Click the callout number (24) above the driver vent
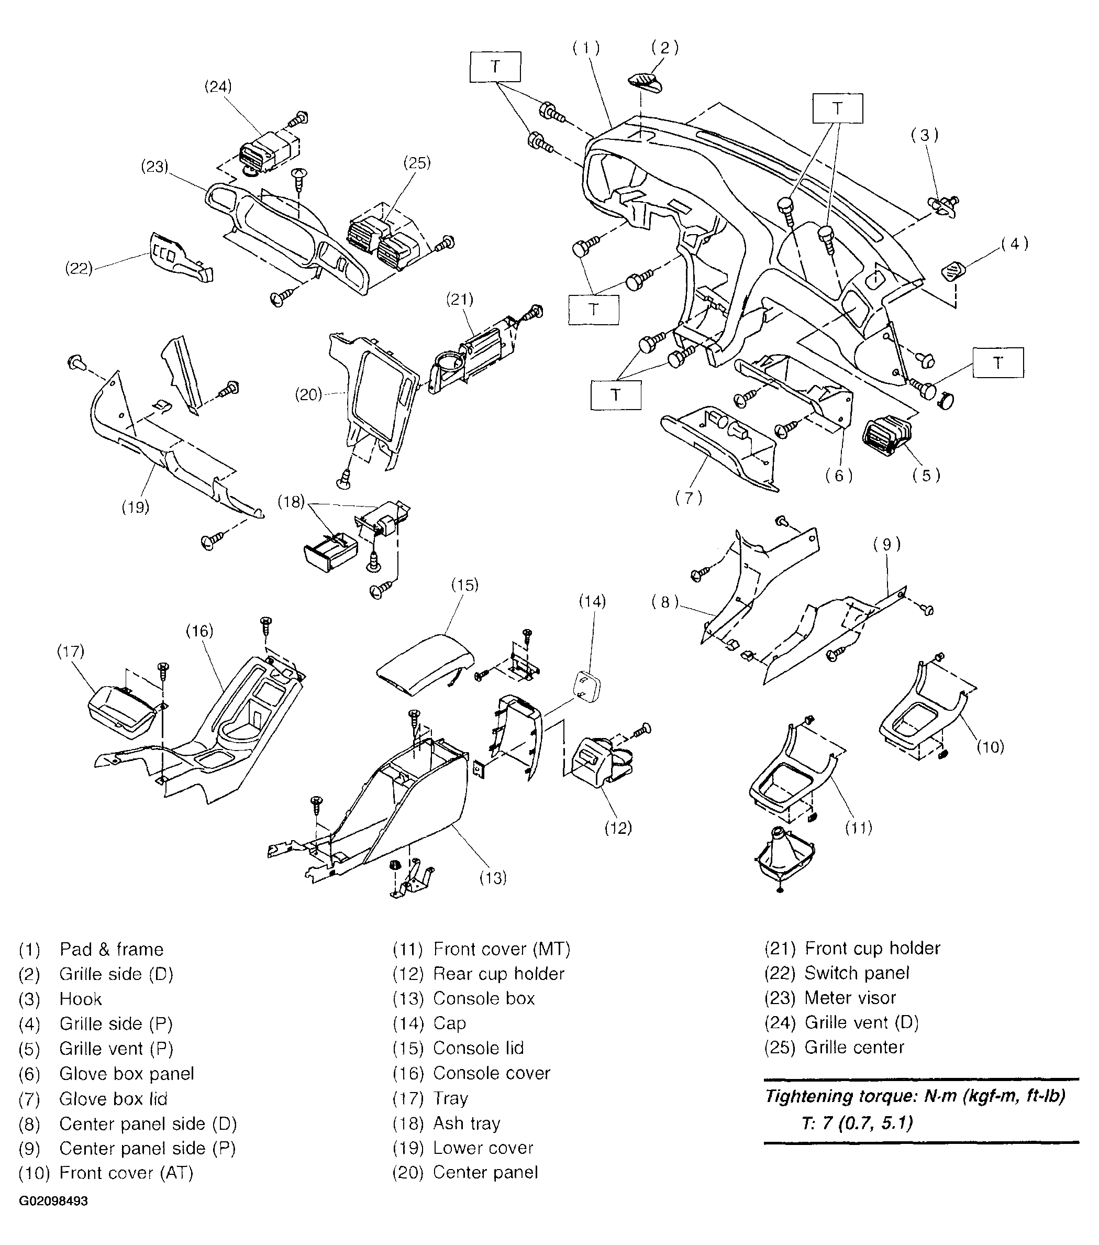tap(218, 86)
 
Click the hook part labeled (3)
tap(942, 206)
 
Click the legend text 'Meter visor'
tap(850, 998)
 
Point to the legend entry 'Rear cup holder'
tap(498, 973)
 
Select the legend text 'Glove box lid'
tap(113, 1099)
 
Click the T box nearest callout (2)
tap(495, 67)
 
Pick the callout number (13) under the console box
tap(493, 878)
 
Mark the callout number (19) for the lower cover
tap(135, 507)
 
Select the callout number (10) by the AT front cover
tap(990, 747)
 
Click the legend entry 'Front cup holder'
tap(872, 947)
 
